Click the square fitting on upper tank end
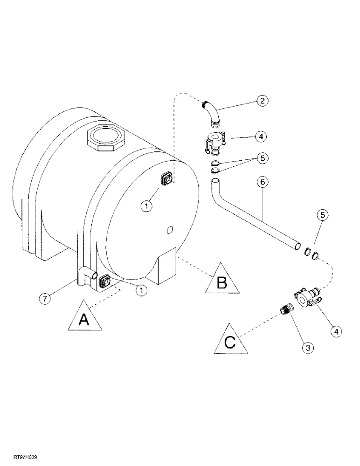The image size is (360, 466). click(166, 178)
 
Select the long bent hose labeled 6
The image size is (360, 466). click(252, 219)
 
